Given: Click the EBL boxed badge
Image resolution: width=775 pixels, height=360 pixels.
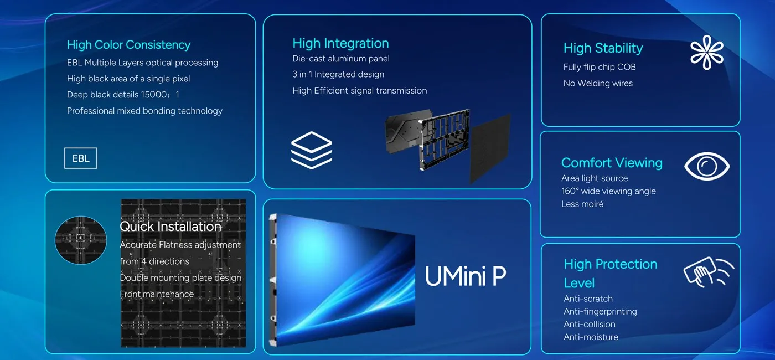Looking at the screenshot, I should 81,158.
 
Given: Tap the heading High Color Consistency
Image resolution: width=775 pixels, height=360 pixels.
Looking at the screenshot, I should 128,45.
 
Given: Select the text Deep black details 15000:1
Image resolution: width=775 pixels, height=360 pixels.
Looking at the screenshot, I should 123,95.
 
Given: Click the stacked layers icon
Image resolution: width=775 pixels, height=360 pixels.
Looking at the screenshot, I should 311,150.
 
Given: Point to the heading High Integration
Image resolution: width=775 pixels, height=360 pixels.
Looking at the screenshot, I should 340,43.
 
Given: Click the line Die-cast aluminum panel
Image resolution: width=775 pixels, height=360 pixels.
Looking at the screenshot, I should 341,59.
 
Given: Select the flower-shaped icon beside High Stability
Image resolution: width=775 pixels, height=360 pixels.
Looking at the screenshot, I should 707,53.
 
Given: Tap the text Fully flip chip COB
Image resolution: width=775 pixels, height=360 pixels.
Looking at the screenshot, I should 600,67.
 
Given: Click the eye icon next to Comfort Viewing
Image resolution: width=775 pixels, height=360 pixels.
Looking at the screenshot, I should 707,166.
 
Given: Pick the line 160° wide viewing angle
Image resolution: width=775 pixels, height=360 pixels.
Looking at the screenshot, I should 608,191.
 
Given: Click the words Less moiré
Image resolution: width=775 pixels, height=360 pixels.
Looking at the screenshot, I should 582,204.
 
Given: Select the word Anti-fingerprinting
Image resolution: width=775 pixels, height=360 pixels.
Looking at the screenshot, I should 600,311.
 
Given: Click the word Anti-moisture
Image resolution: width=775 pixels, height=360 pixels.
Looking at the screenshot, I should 591,337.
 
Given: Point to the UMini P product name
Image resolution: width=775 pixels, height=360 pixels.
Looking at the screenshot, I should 465,276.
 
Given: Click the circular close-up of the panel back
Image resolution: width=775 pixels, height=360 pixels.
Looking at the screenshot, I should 81,240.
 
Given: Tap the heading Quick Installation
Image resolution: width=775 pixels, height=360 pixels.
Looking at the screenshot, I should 170,227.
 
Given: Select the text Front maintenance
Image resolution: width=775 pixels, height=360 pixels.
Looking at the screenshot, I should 157,294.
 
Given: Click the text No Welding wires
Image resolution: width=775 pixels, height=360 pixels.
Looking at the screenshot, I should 598,83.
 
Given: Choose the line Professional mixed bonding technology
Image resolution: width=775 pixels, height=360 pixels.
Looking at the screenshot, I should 144,111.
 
